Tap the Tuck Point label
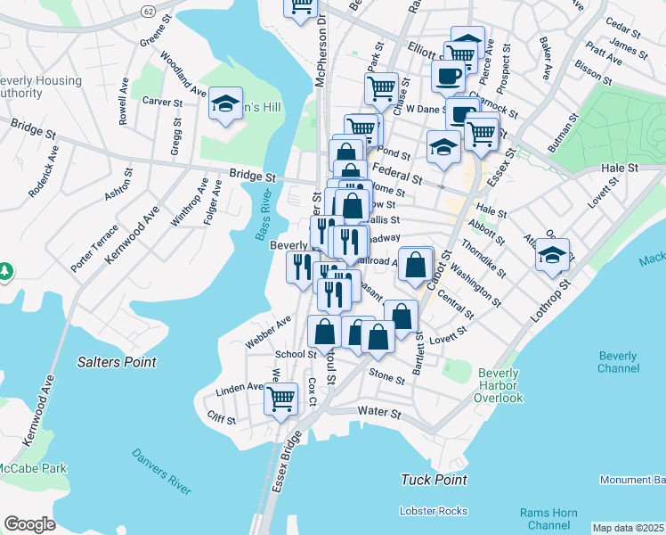(x=434, y=480)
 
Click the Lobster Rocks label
(x=434, y=511)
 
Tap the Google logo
(x=29, y=524)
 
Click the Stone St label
(x=386, y=378)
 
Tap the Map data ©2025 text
(x=629, y=528)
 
